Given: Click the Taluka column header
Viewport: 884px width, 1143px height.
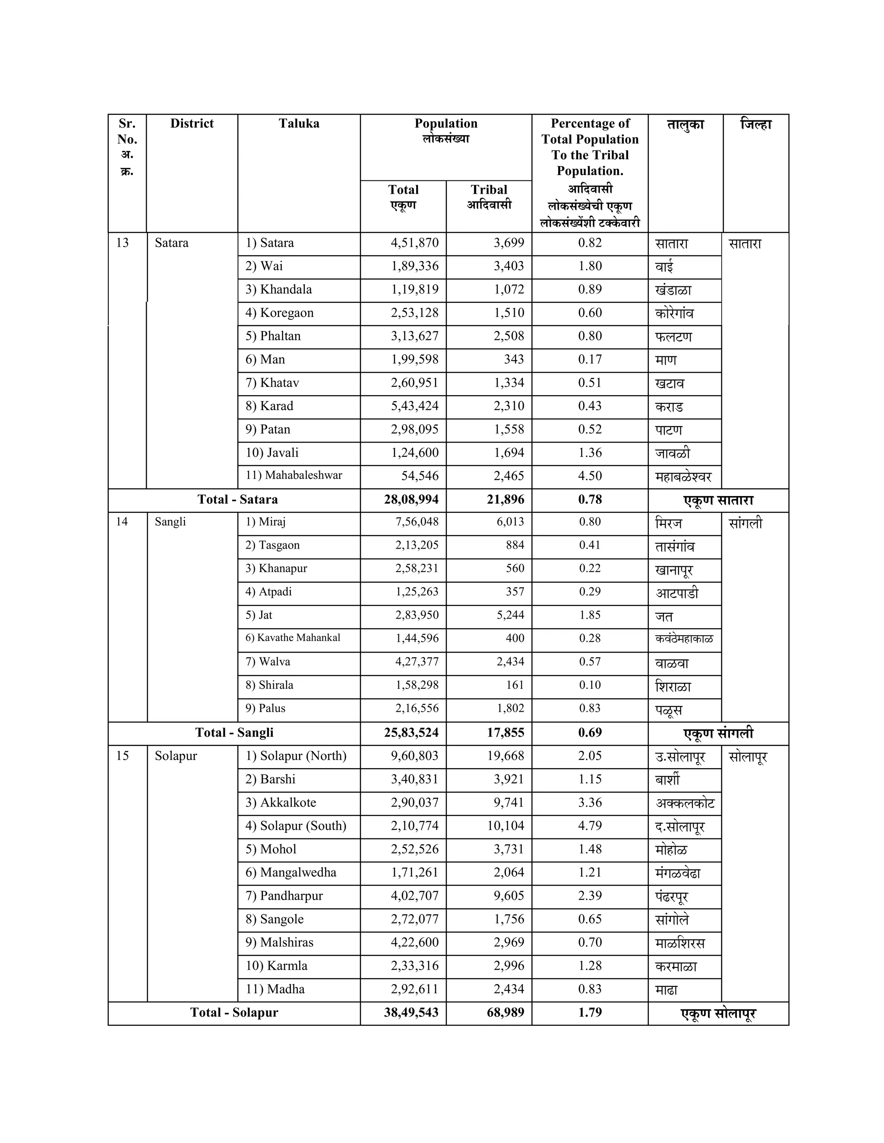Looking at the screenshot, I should click(299, 123).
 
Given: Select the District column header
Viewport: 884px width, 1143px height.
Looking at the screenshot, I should click(192, 123).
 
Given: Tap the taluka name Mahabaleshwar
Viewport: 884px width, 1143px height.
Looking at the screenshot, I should click(294, 475).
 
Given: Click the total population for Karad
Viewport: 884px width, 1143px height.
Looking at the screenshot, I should click(414, 406).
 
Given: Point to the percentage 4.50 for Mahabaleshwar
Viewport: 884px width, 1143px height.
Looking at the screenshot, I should click(590, 476).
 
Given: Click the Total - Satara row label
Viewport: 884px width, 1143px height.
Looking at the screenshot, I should click(237, 499).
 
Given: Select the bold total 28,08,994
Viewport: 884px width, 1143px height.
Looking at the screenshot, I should click(411, 500).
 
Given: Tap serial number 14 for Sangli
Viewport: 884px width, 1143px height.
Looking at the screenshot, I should click(122, 522).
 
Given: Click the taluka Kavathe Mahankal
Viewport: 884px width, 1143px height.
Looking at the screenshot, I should click(293, 638).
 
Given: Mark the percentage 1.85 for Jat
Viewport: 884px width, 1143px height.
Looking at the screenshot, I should click(590, 615).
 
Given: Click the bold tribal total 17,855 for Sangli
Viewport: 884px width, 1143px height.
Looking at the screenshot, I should click(505, 733).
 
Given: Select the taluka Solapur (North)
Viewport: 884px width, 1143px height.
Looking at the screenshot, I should click(296, 756).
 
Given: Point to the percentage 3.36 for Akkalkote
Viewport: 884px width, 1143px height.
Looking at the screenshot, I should click(590, 803).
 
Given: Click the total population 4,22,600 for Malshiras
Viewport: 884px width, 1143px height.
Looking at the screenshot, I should click(414, 942).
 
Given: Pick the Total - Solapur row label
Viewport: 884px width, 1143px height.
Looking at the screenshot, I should click(234, 1013).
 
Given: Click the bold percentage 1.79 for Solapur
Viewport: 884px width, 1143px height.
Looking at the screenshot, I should click(590, 1013).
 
